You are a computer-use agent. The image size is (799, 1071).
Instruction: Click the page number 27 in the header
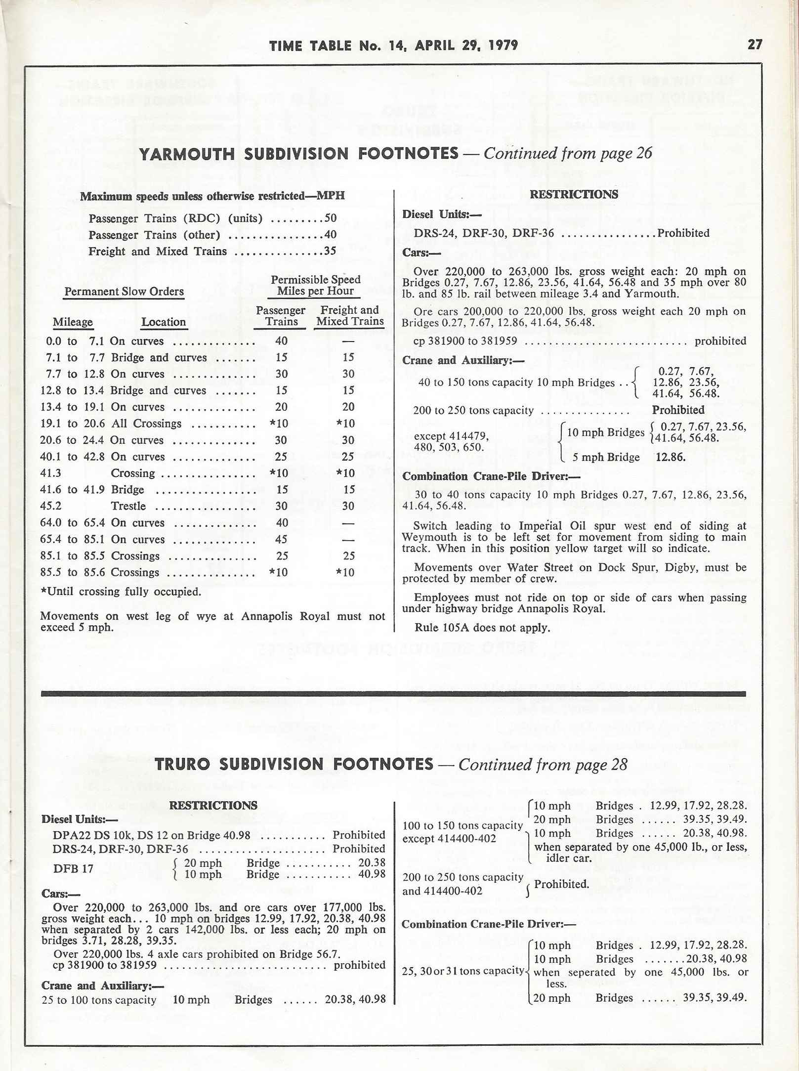point(755,45)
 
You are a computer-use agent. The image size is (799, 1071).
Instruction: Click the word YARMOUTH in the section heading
point(187,154)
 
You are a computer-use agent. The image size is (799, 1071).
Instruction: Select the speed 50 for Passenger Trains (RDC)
point(330,218)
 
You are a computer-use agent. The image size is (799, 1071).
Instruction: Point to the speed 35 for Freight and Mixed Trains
point(330,251)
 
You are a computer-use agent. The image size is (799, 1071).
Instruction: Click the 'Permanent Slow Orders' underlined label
point(124,292)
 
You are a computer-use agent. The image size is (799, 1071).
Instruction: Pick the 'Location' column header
point(164,322)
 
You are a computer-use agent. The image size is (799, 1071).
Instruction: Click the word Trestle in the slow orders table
point(128,506)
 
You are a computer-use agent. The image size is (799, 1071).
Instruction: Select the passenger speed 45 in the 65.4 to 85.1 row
point(282,539)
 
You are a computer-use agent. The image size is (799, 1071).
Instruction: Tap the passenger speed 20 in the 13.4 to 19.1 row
point(282,407)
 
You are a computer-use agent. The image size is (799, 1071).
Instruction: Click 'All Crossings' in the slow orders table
point(146,424)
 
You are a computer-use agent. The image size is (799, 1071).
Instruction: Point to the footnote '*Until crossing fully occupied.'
point(121,592)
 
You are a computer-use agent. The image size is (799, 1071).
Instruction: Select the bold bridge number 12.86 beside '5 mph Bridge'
point(670,457)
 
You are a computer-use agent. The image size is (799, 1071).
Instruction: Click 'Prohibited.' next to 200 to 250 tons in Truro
point(562,884)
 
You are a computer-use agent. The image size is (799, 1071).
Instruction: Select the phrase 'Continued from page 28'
point(543,765)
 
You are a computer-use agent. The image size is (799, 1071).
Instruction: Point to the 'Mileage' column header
point(73,322)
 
